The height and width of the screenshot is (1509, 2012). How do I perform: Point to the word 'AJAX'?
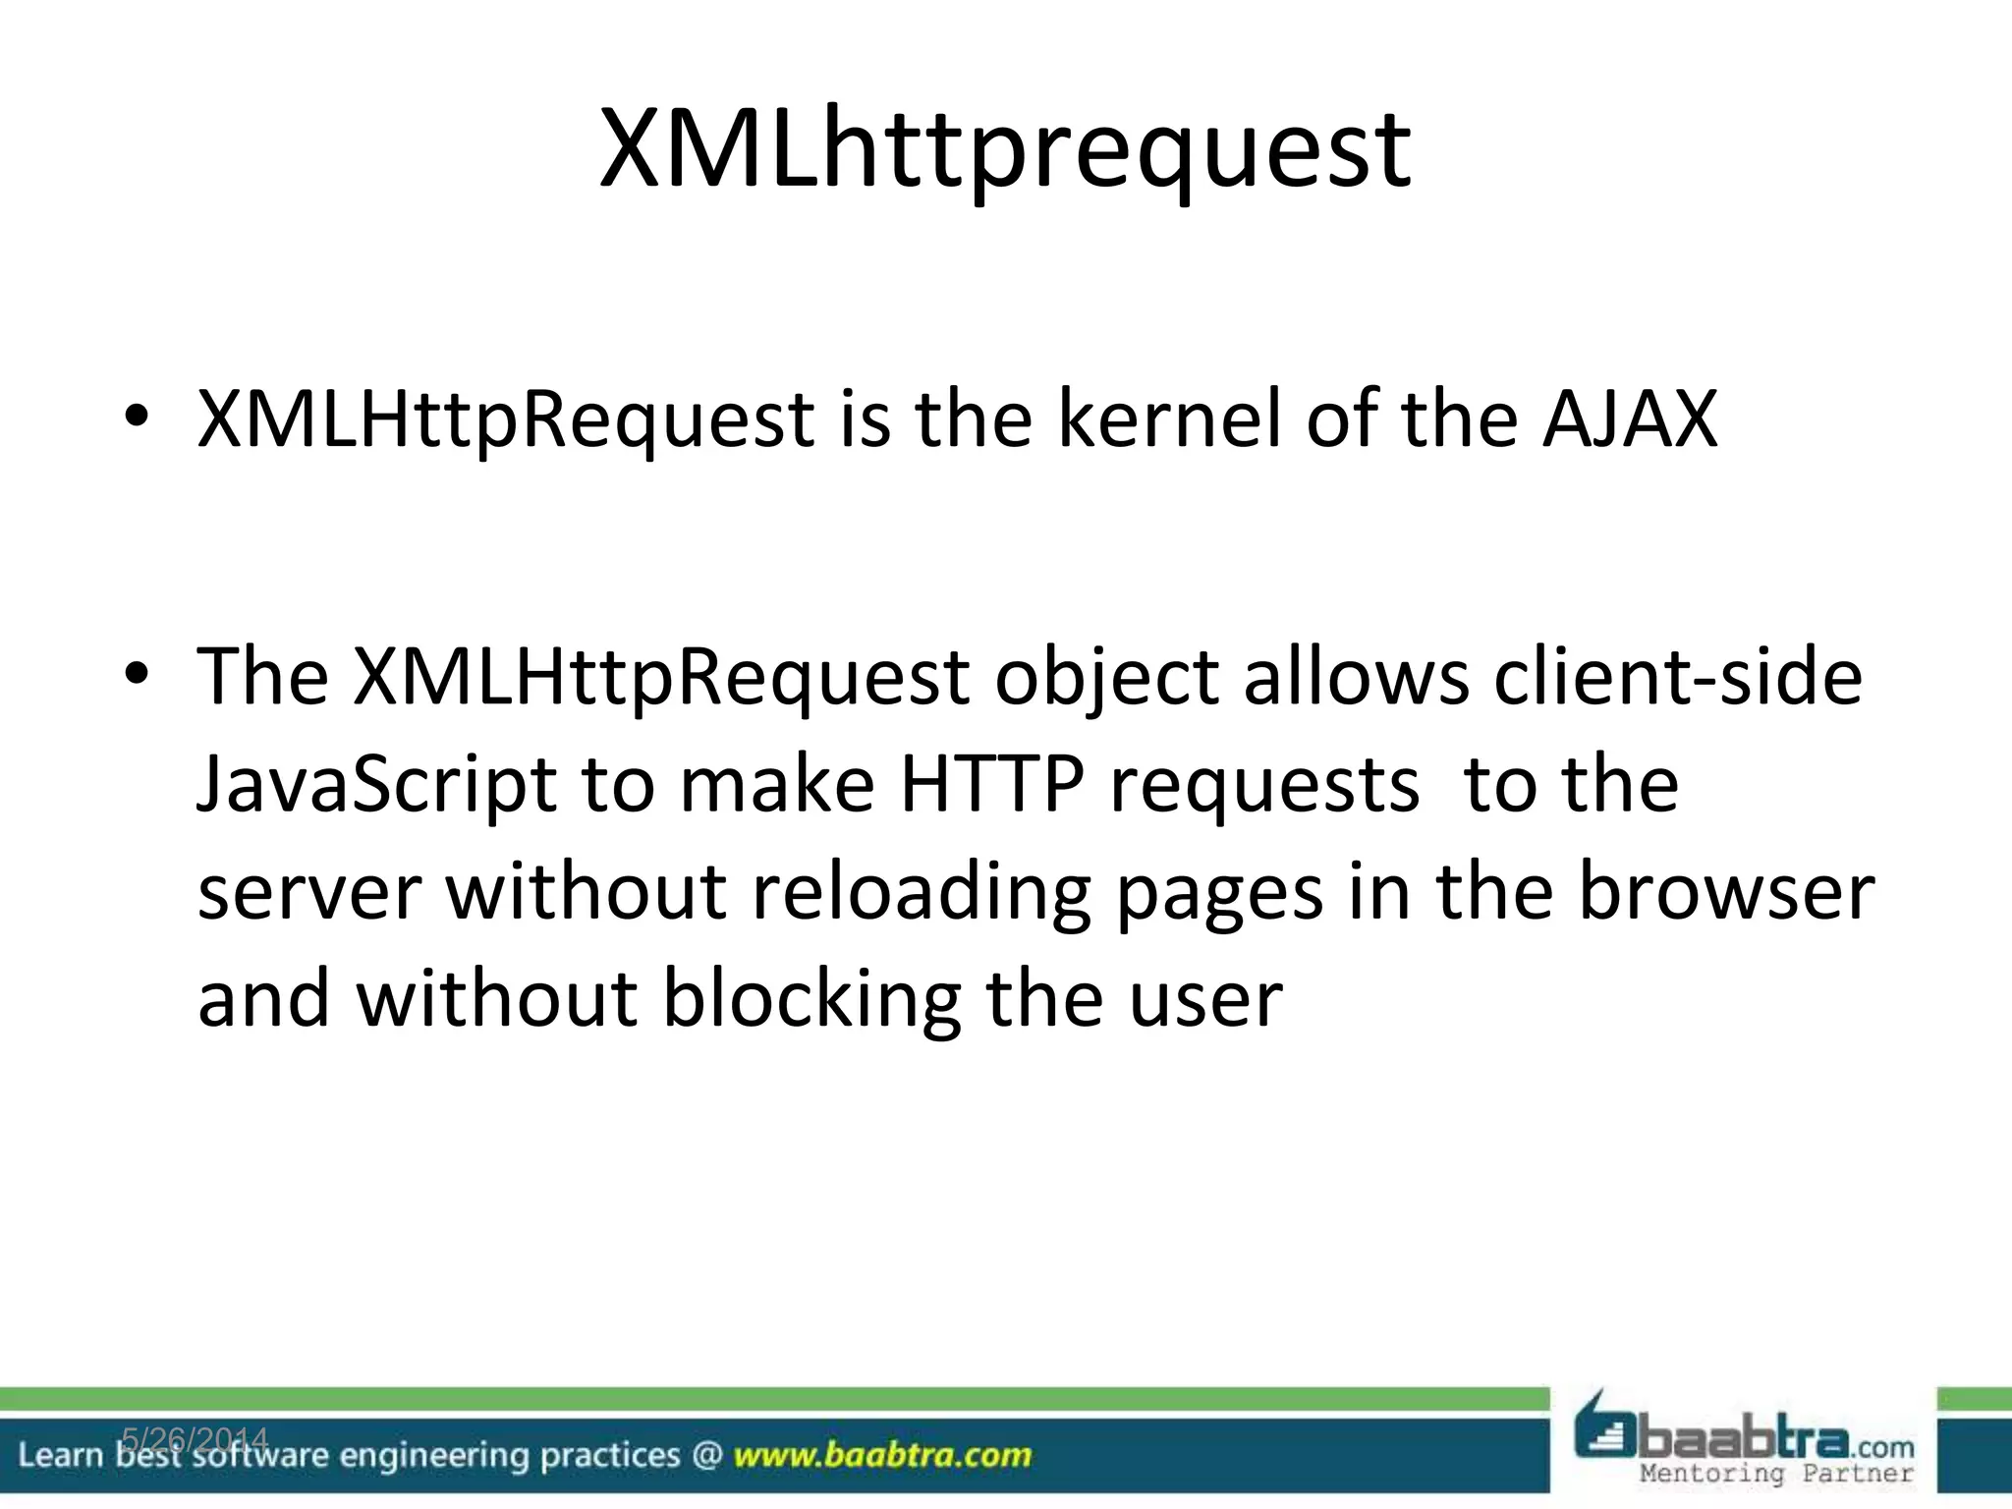pos(1630,419)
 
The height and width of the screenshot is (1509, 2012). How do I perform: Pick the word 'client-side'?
pos(1677,676)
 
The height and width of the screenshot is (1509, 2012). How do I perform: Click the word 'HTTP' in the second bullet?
pos(991,784)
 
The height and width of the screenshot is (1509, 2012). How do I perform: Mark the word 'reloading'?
pos(921,894)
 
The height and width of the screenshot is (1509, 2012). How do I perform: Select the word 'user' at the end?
pos(1205,1000)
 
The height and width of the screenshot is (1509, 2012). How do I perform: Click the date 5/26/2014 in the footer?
pos(195,1439)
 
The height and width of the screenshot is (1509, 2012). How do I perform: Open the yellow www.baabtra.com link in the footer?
pos(882,1455)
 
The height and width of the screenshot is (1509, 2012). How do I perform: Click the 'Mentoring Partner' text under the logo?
pos(1777,1473)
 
